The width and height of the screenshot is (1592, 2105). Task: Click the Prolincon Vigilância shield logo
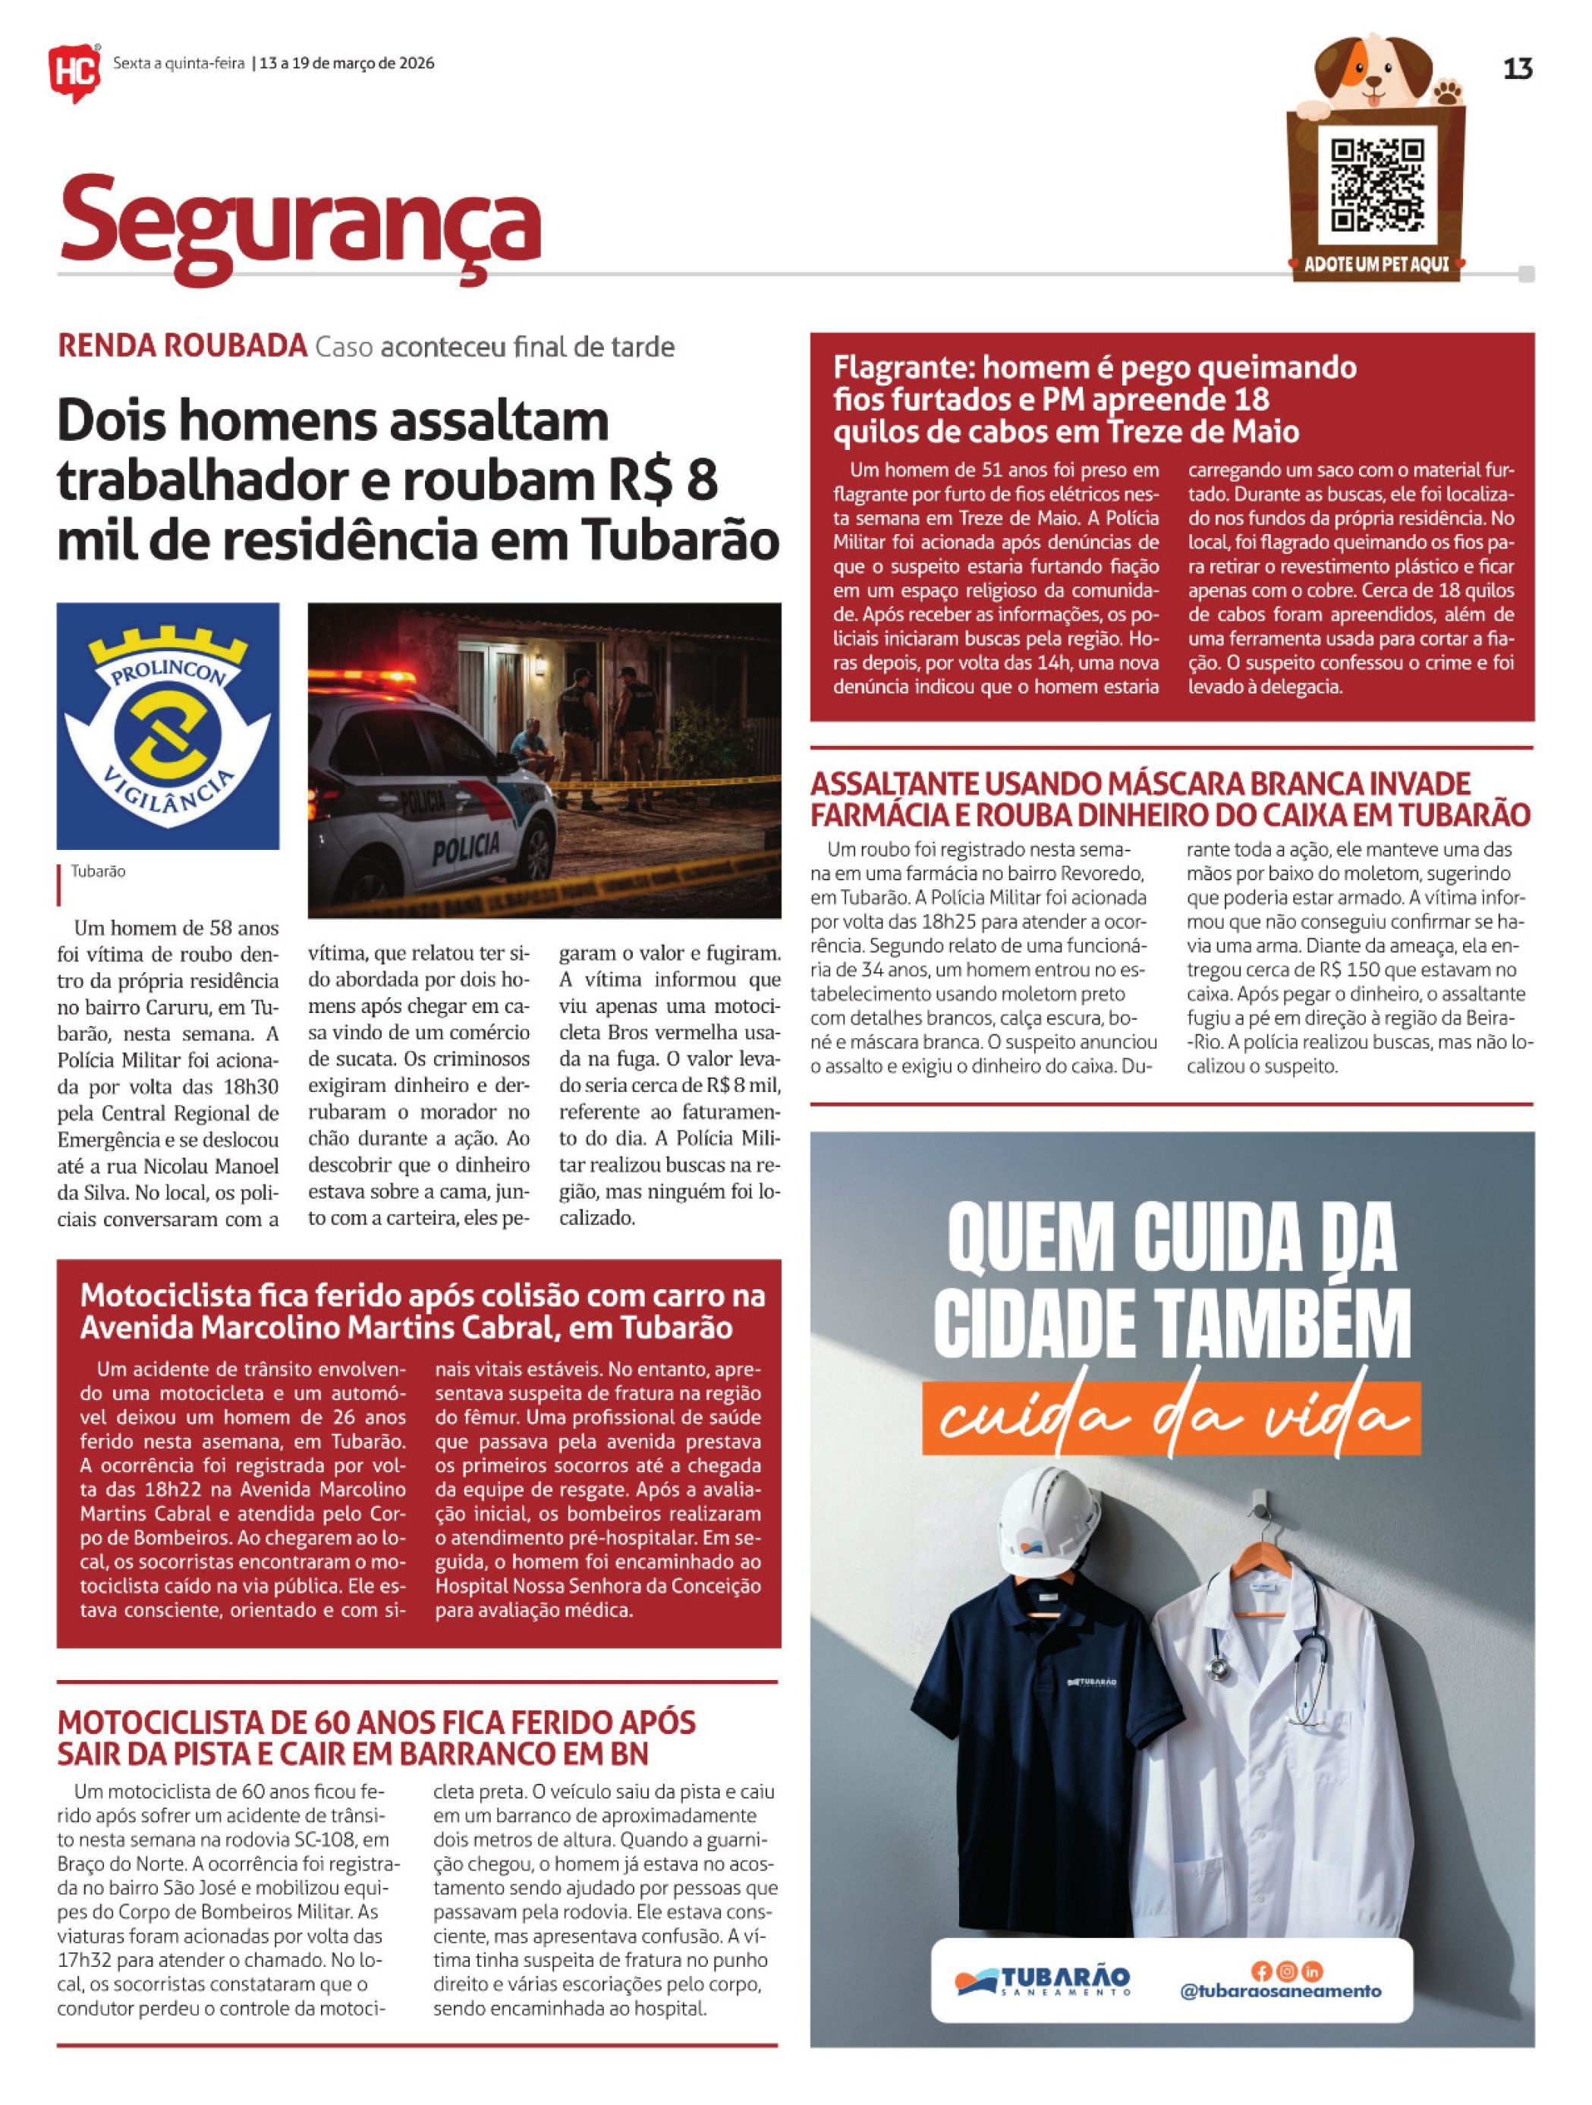pos(168,725)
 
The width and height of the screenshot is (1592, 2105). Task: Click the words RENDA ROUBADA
pos(182,346)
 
